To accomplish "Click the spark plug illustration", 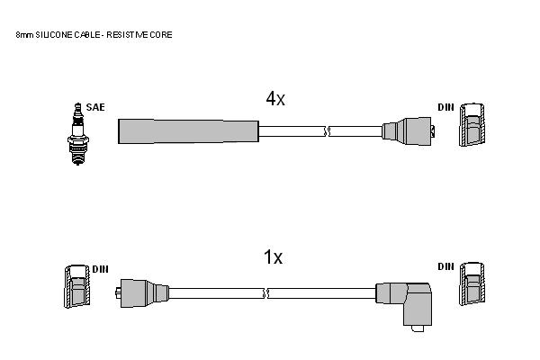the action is point(78,134).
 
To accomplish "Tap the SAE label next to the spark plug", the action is point(95,107).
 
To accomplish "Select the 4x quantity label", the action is point(275,99).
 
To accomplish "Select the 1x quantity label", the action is point(273,257).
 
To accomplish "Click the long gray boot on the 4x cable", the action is point(188,131).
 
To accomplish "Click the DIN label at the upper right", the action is point(446,107).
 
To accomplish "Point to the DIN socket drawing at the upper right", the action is point(472,124).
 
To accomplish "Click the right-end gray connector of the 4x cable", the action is point(408,131).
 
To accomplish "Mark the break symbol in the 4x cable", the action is point(328,131).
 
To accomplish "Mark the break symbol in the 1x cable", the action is point(265,293).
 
